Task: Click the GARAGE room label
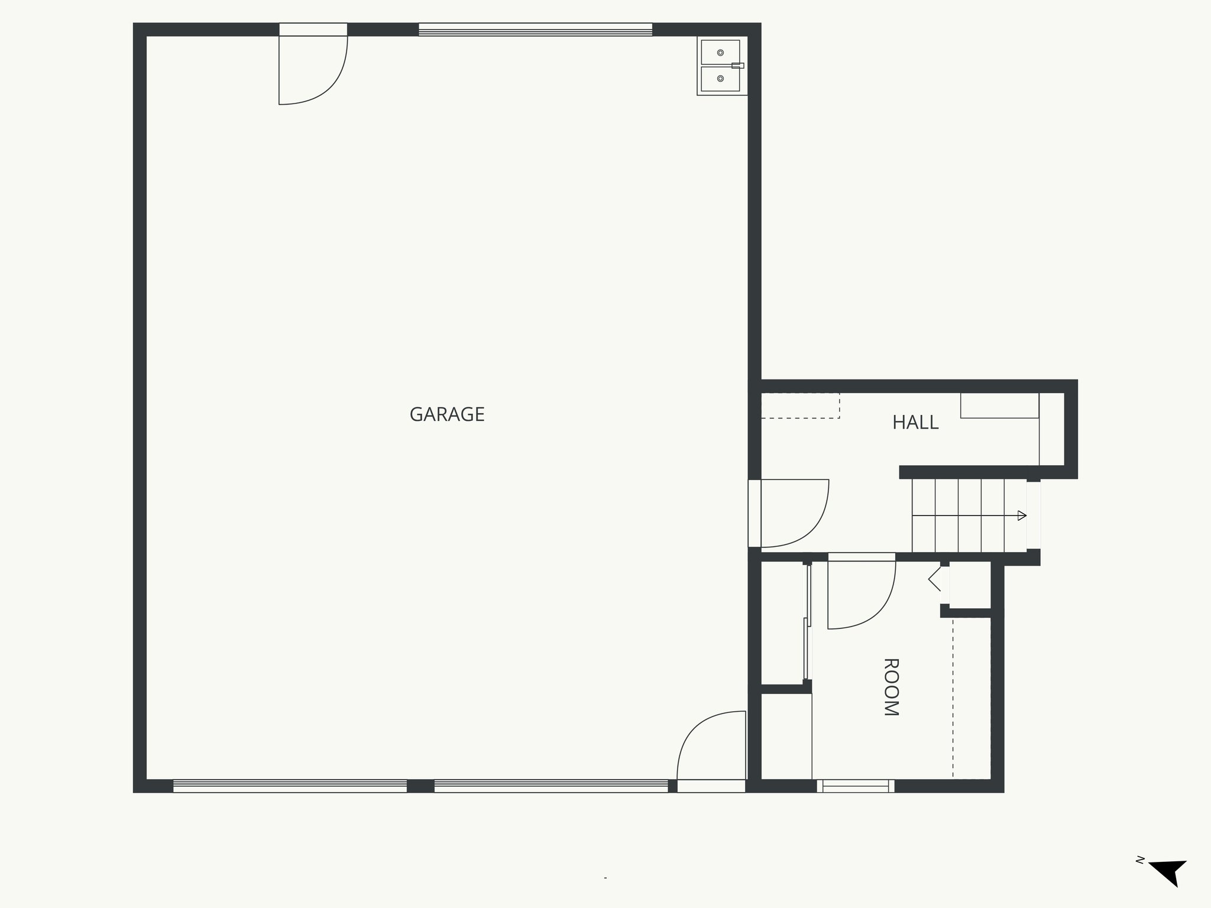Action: [x=447, y=414]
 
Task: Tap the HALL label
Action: [x=915, y=423]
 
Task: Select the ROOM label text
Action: [x=891, y=687]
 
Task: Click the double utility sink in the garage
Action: [x=721, y=66]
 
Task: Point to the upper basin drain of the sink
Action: [x=720, y=53]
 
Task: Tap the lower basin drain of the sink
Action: [x=720, y=79]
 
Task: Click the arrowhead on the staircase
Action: [x=1022, y=516]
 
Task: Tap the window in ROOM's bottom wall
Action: [x=856, y=786]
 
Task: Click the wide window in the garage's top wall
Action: [x=535, y=30]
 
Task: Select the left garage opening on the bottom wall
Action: [x=290, y=786]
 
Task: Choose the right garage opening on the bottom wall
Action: [x=551, y=786]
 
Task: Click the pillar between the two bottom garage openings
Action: [x=420, y=786]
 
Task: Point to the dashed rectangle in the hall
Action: [x=800, y=406]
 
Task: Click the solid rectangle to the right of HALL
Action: [x=999, y=406]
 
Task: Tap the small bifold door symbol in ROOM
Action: [x=935, y=579]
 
